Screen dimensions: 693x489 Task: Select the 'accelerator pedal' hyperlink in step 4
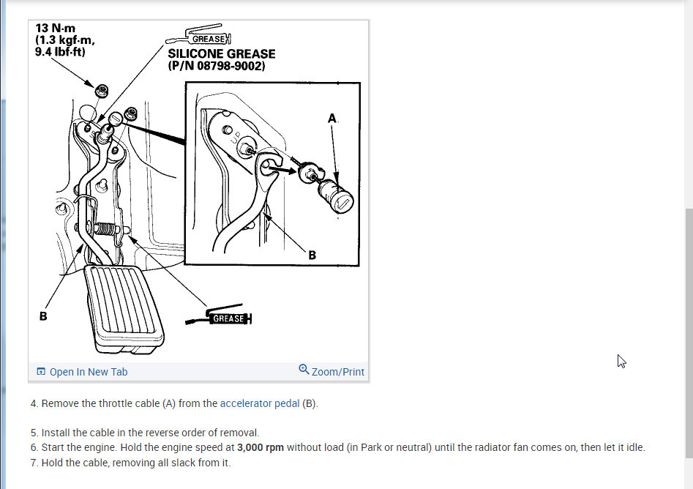pyautogui.click(x=260, y=403)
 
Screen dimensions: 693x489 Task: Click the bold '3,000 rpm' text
pyautogui.click(x=261, y=447)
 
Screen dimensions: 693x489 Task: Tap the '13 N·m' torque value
pyautogui.click(x=55, y=29)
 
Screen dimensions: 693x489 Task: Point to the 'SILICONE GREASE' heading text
pyautogui.click(x=222, y=54)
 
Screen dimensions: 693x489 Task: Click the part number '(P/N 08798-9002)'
pyautogui.click(x=217, y=66)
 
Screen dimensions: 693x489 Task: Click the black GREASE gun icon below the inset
pyautogui.click(x=219, y=316)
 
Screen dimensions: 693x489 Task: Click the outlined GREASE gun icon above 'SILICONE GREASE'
pyautogui.click(x=198, y=35)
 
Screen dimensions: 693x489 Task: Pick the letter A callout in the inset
pyautogui.click(x=332, y=118)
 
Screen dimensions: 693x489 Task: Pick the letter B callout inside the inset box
pyautogui.click(x=312, y=255)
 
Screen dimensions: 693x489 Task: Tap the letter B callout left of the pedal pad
pyautogui.click(x=43, y=316)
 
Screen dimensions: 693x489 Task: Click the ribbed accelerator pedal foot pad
pyautogui.click(x=124, y=307)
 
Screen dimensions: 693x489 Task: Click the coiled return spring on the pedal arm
pyautogui.click(x=105, y=228)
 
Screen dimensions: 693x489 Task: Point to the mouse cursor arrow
pyautogui.click(x=621, y=361)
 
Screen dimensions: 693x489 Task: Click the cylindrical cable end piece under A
pyautogui.click(x=335, y=196)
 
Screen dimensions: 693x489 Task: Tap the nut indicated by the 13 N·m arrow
pyautogui.click(x=102, y=92)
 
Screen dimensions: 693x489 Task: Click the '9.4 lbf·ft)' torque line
pyautogui.click(x=60, y=52)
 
